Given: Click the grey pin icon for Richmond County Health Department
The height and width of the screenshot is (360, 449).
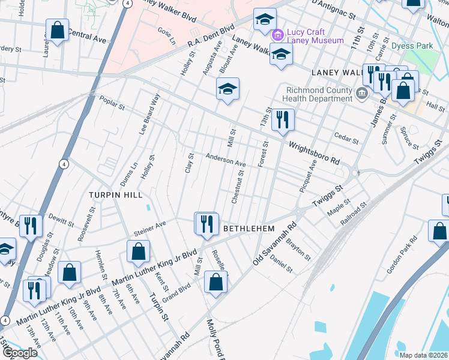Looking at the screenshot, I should coord(361,92).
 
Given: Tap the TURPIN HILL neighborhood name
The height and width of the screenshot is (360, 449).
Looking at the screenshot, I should coord(115,195).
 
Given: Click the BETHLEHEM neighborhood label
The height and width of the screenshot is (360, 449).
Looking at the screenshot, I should coord(249,229).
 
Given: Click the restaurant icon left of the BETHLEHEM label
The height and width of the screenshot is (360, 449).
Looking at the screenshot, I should coord(206,224).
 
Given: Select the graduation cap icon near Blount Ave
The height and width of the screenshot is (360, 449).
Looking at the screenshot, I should coord(228,89).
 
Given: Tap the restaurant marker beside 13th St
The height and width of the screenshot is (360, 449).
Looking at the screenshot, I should coord(282,119).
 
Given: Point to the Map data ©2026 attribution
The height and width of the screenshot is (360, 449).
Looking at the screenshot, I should coord(423,355).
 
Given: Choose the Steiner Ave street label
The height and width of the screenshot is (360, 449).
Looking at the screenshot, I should coord(149,227).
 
